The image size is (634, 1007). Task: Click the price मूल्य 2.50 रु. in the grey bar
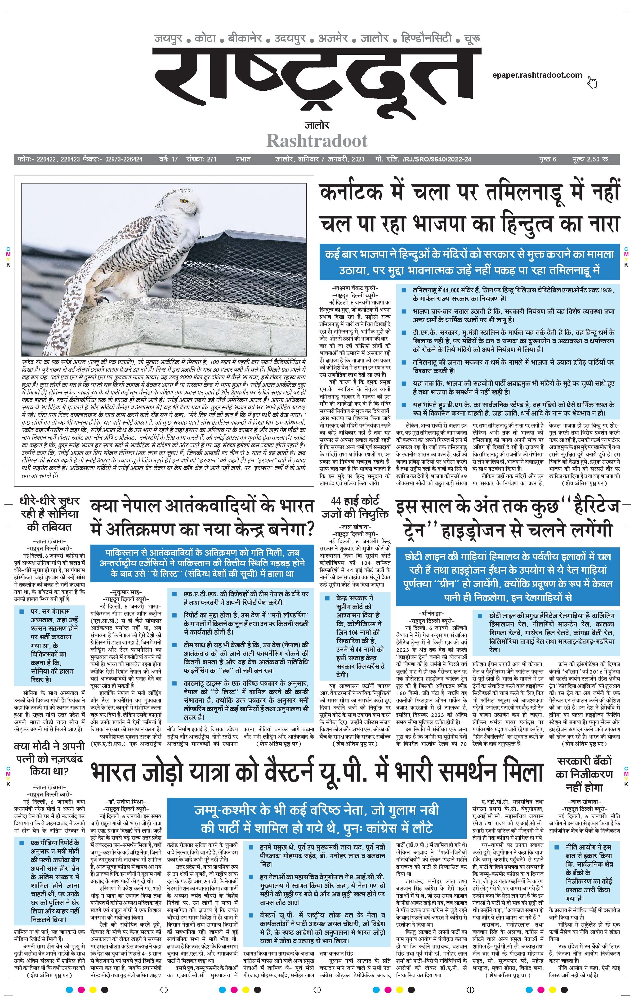590,159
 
